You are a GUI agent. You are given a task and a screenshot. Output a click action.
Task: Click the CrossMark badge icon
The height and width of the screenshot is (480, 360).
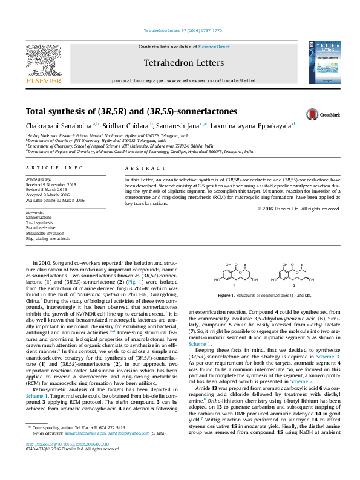coord(312,115)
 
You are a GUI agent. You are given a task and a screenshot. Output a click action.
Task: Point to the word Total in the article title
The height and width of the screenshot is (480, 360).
coord(38,111)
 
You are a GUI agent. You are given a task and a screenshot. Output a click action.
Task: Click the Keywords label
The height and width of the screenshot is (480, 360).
coord(35,213)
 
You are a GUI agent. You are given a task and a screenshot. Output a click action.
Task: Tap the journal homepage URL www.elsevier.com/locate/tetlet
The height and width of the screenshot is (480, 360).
coord(205,80)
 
